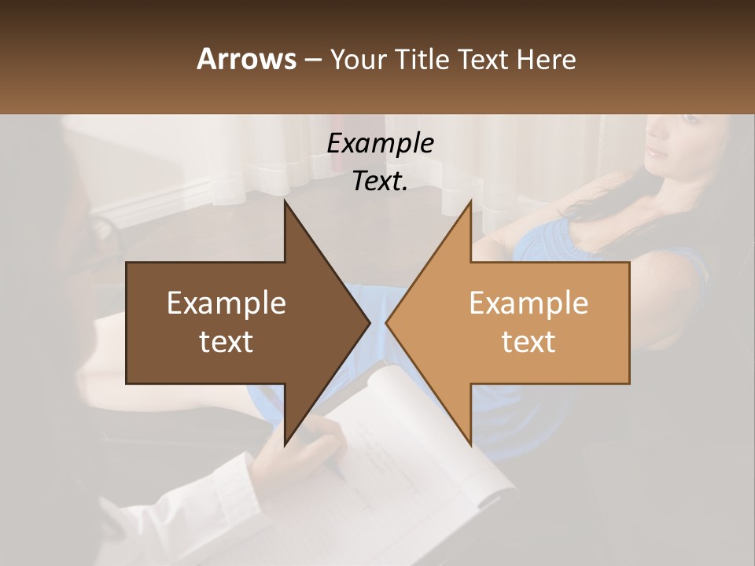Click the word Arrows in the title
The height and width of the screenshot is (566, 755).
click(x=246, y=59)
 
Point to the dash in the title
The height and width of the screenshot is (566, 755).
click(x=312, y=60)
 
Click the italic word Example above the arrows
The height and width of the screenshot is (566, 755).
click(x=380, y=143)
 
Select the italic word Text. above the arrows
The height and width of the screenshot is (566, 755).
click(x=380, y=181)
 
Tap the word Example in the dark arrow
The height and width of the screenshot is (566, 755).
click(x=226, y=303)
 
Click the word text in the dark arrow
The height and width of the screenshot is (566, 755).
click(x=226, y=342)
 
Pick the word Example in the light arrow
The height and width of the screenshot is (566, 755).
click(x=528, y=303)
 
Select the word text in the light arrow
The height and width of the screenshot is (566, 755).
click(x=528, y=342)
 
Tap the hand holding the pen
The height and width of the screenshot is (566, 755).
click(x=303, y=456)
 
